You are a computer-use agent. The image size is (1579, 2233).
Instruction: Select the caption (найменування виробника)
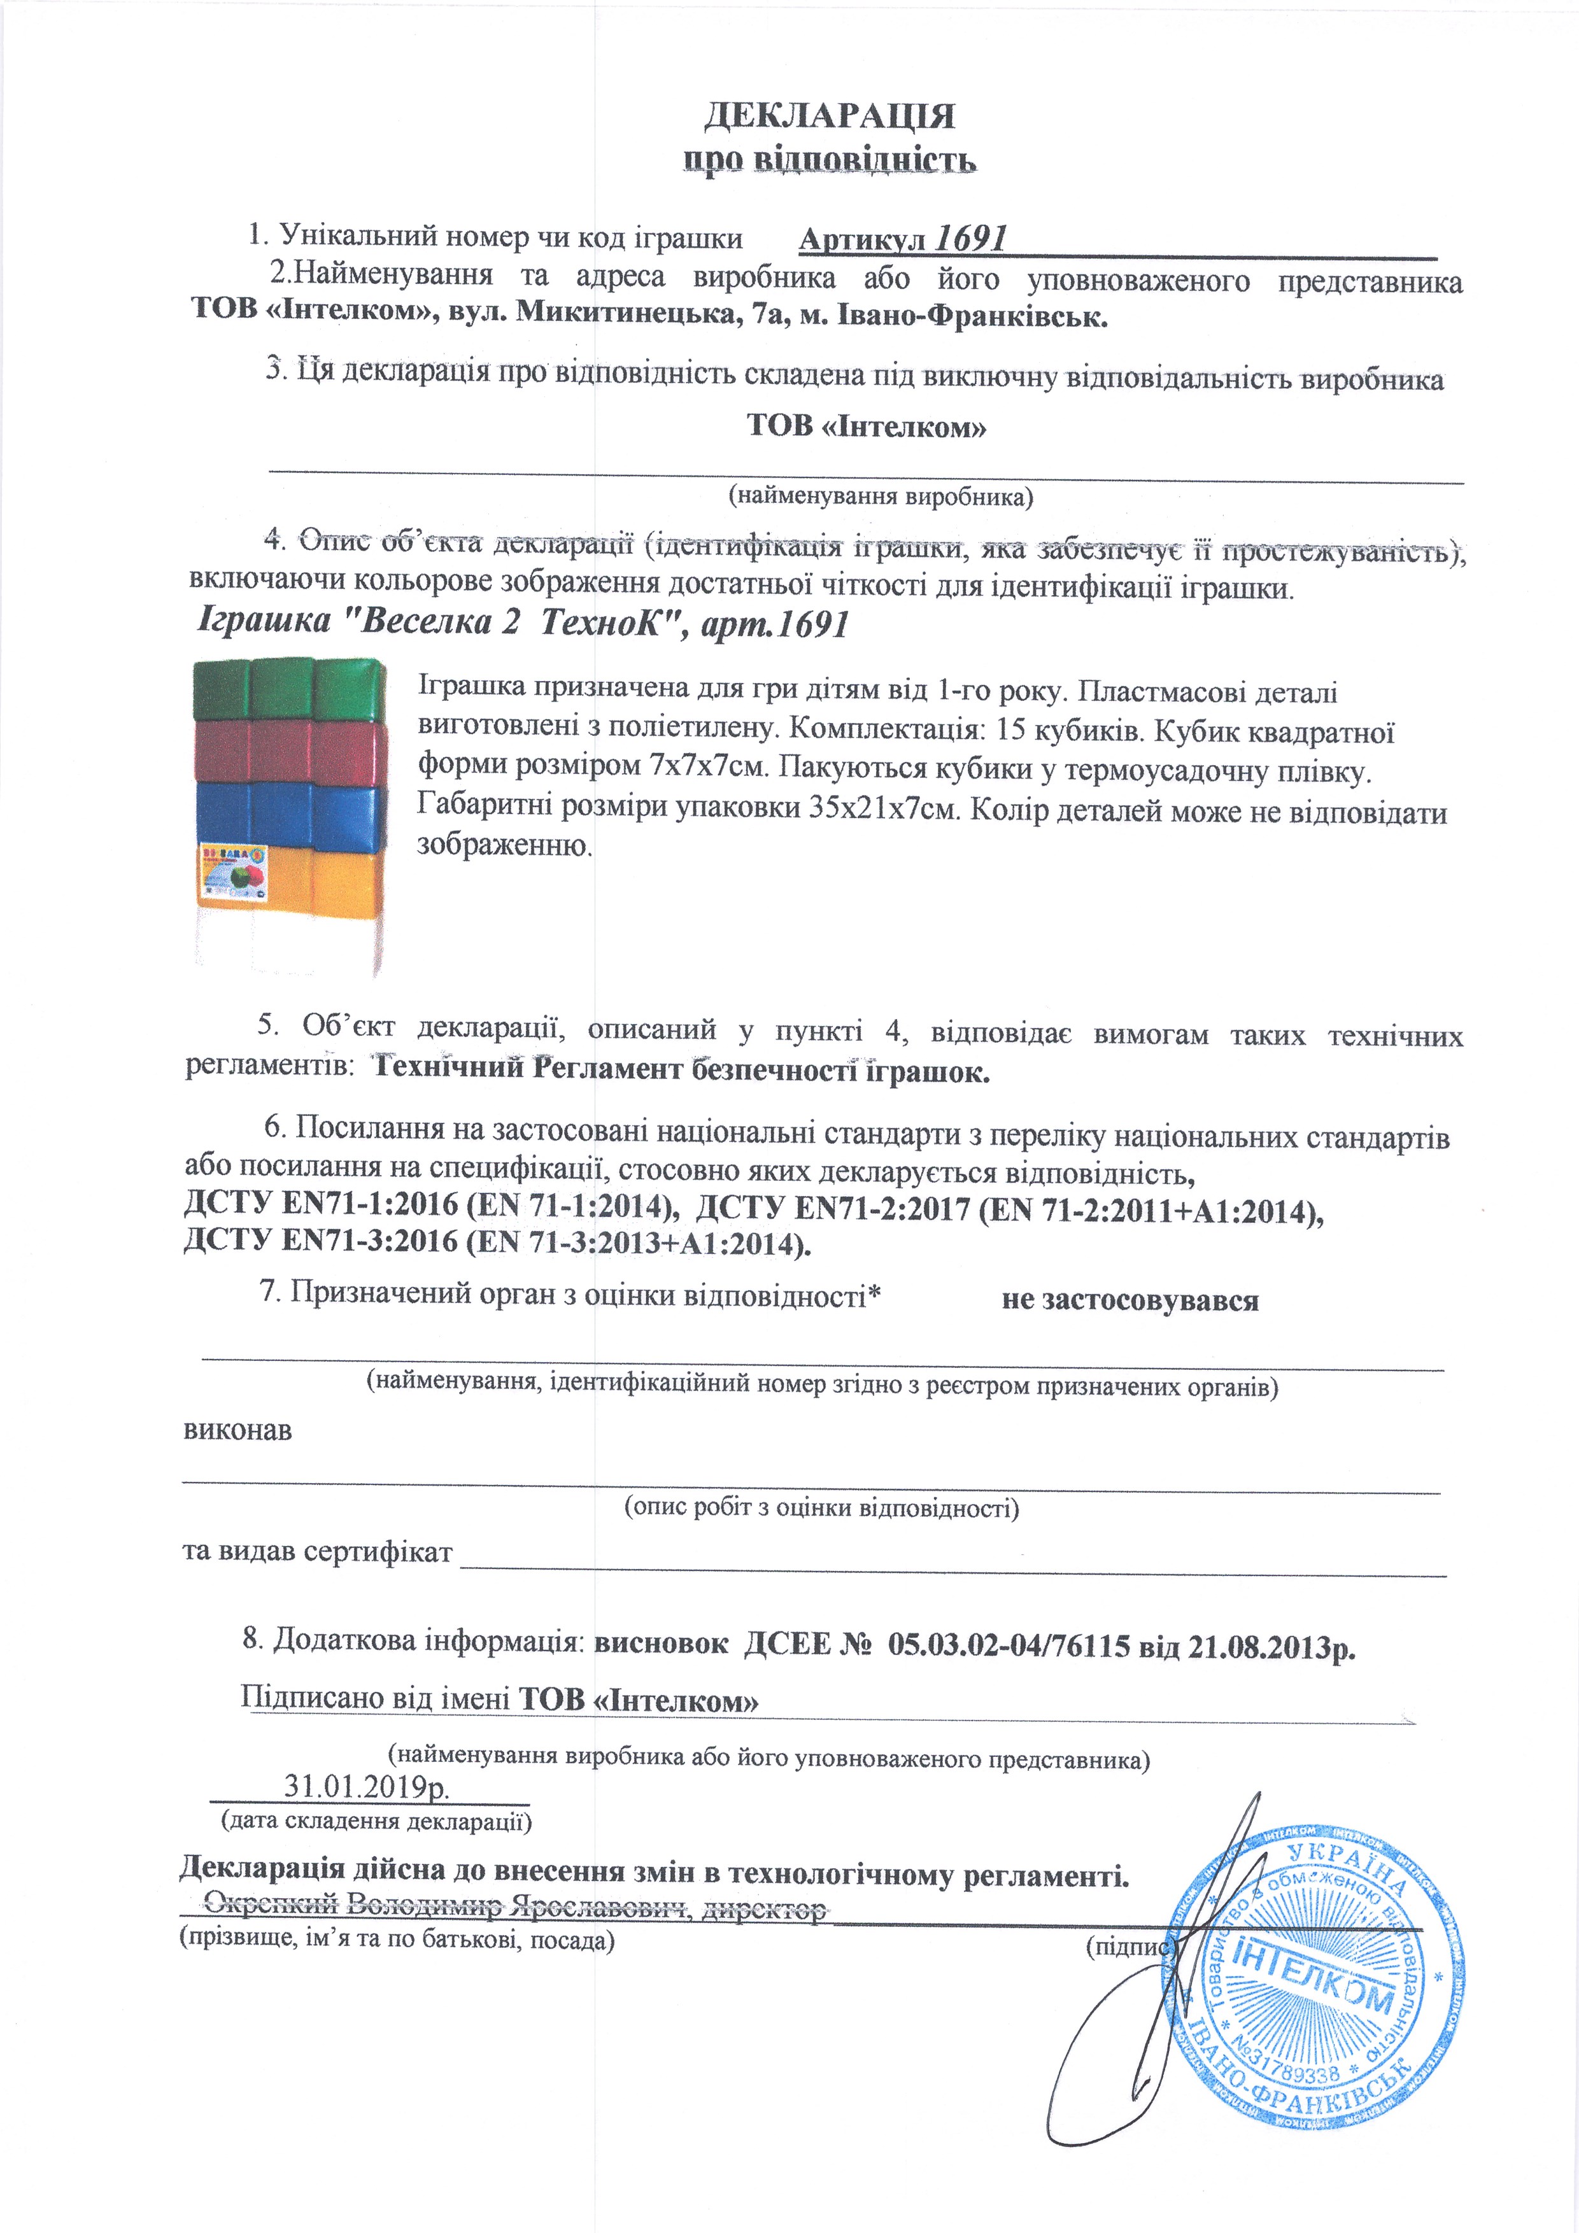881,497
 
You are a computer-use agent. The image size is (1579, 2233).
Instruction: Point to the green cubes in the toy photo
289,689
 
